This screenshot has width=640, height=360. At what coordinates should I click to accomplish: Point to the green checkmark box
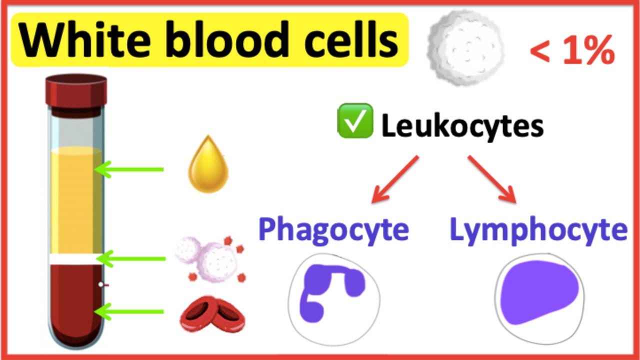click(355, 120)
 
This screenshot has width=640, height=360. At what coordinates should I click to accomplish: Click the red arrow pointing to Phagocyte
click(395, 179)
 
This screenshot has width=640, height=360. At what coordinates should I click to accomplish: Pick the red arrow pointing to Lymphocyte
click(492, 179)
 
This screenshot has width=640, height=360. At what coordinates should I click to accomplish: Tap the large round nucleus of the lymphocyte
click(539, 292)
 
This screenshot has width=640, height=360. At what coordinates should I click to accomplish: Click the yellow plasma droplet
click(208, 164)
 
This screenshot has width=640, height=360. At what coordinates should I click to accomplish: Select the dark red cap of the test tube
click(76, 91)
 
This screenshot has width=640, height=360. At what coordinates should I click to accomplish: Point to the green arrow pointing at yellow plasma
click(128, 169)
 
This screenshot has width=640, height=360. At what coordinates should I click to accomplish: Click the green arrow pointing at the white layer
click(130, 259)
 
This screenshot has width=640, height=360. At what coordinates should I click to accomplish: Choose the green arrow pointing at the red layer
click(128, 311)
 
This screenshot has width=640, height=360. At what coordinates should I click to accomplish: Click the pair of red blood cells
click(212, 313)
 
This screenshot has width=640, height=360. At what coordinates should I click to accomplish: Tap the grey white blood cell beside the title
click(465, 48)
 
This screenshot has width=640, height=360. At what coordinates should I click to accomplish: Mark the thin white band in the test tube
click(76, 259)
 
